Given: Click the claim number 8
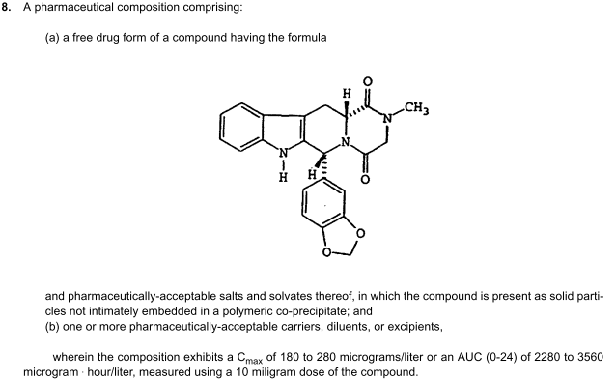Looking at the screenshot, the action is click(6, 7).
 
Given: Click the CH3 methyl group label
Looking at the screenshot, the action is click(417, 108).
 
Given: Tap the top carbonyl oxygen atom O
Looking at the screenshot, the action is click(367, 81).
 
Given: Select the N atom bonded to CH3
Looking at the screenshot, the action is click(388, 118).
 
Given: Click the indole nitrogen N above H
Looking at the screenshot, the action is click(284, 153).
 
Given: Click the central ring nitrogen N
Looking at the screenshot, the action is click(346, 141).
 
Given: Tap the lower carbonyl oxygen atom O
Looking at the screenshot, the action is click(365, 180).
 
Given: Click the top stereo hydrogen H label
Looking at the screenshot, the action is click(347, 94).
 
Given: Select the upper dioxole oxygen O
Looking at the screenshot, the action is click(360, 233).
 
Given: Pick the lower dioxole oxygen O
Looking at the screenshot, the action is click(326, 251).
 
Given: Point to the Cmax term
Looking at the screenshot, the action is click(250, 358).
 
